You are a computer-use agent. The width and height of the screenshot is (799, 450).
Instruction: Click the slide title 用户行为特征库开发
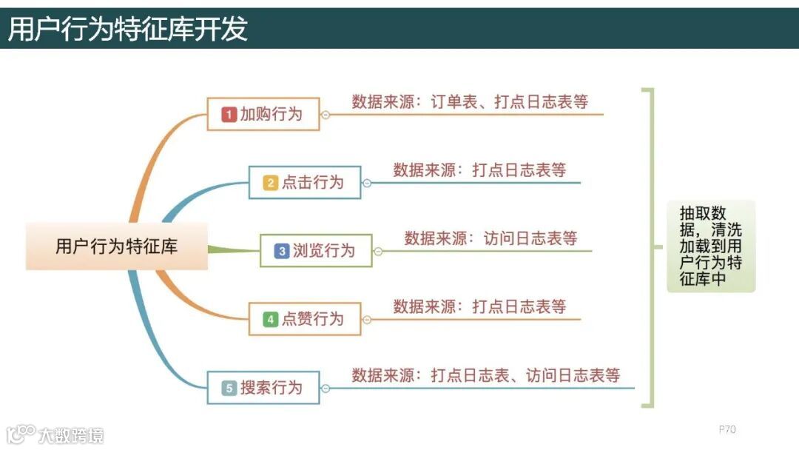(x=128, y=29)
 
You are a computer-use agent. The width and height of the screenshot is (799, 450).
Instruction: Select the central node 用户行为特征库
(x=117, y=246)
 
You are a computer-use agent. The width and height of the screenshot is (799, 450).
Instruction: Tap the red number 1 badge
(x=229, y=115)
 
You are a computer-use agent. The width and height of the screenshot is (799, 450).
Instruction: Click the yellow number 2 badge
(x=271, y=183)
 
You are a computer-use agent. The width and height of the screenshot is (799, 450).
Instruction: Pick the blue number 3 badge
(x=282, y=251)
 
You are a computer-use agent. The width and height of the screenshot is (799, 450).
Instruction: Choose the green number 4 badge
(x=271, y=319)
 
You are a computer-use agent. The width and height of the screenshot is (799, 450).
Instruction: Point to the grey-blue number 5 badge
(x=229, y=388)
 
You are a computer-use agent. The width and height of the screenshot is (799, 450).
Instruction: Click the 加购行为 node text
(x=271, y=115)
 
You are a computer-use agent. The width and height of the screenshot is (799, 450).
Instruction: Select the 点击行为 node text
(x=312, y=183)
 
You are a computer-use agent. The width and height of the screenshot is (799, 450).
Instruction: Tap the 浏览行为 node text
(x=323, y=251)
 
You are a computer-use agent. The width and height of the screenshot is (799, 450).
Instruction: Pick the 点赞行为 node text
(x=312, y=319)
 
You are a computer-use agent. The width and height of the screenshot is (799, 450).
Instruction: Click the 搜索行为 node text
(x=271, y=388)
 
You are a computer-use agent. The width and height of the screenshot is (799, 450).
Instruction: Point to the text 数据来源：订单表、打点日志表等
(x=470, y=102)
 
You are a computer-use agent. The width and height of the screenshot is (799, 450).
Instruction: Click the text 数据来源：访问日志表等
(x=490, y=238)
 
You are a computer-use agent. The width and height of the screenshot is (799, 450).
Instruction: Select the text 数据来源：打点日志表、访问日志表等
(x=485, y=375)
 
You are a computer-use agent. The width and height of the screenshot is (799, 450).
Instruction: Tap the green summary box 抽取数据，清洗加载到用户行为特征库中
(x=710, y=246)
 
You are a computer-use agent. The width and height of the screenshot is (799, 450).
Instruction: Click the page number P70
(x=727, y=429)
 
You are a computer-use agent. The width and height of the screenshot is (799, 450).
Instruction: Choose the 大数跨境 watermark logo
(x=55, y=434)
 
